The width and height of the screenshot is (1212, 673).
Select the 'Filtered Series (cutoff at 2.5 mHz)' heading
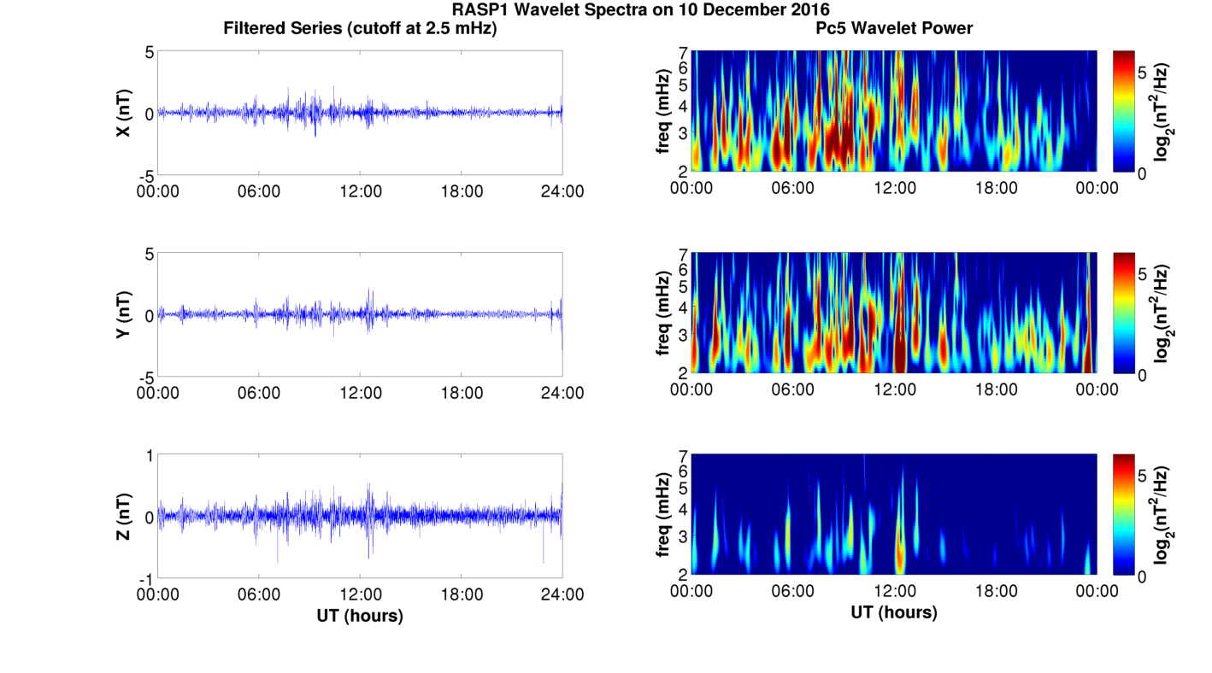coord(360,28)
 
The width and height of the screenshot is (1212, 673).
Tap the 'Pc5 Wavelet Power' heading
coord(894,28)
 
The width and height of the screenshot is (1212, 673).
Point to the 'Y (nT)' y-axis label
coord(123,314)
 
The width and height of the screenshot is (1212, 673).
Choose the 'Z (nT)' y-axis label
coord(123,517)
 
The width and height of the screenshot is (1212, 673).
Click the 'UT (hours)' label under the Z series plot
coord(360,615)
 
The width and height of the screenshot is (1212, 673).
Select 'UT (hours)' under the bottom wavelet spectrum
coord(894,612)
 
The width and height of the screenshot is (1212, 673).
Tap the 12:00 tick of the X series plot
coord(360,191)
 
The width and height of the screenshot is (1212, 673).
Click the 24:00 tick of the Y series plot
coord(562,393)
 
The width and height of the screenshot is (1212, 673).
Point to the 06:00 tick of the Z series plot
coord(259,594)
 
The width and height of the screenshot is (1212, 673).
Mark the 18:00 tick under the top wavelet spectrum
coord(996,188)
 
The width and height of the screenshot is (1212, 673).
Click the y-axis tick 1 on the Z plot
coord(149,456)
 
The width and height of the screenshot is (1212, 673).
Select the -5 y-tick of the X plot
coord(144,175)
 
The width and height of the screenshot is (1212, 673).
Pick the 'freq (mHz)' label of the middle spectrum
coord(662,314)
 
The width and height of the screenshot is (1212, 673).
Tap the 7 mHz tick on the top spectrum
coord(683,53)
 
